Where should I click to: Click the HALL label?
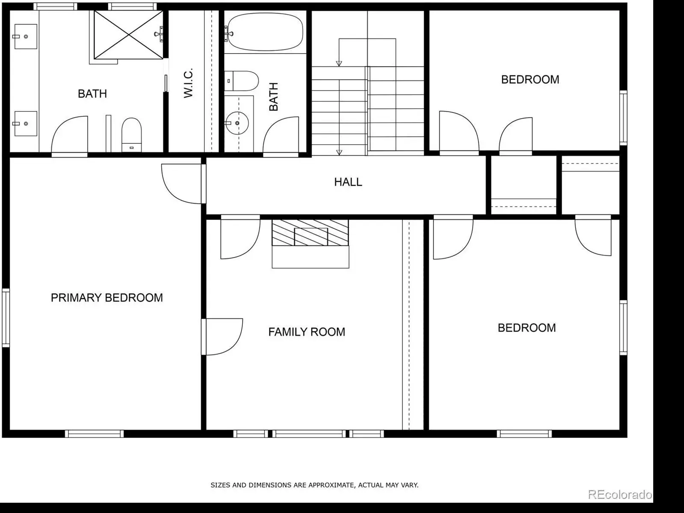coord(348,182)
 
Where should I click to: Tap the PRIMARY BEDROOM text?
coord(107,297)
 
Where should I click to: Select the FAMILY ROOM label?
coord(307,332)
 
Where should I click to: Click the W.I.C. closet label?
coord(188,83)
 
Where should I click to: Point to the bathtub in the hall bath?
coord(265,32)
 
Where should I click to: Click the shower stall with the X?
coord(128,35)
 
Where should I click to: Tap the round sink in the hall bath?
coord(237,123)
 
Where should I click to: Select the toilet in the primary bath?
coord(132,135)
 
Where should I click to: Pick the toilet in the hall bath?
coord(242,81)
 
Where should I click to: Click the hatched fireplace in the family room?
coord(310,233)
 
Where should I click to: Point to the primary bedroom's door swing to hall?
coord(181,184)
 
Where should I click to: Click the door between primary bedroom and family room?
coord(222,337)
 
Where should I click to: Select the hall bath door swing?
coord(281,136)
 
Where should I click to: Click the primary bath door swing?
coord(70,136)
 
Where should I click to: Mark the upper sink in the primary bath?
coord(26,36)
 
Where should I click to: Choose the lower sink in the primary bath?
coord(26,124)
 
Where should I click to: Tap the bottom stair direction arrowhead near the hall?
coord(339,152)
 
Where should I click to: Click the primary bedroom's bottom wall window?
coord(94,434)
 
